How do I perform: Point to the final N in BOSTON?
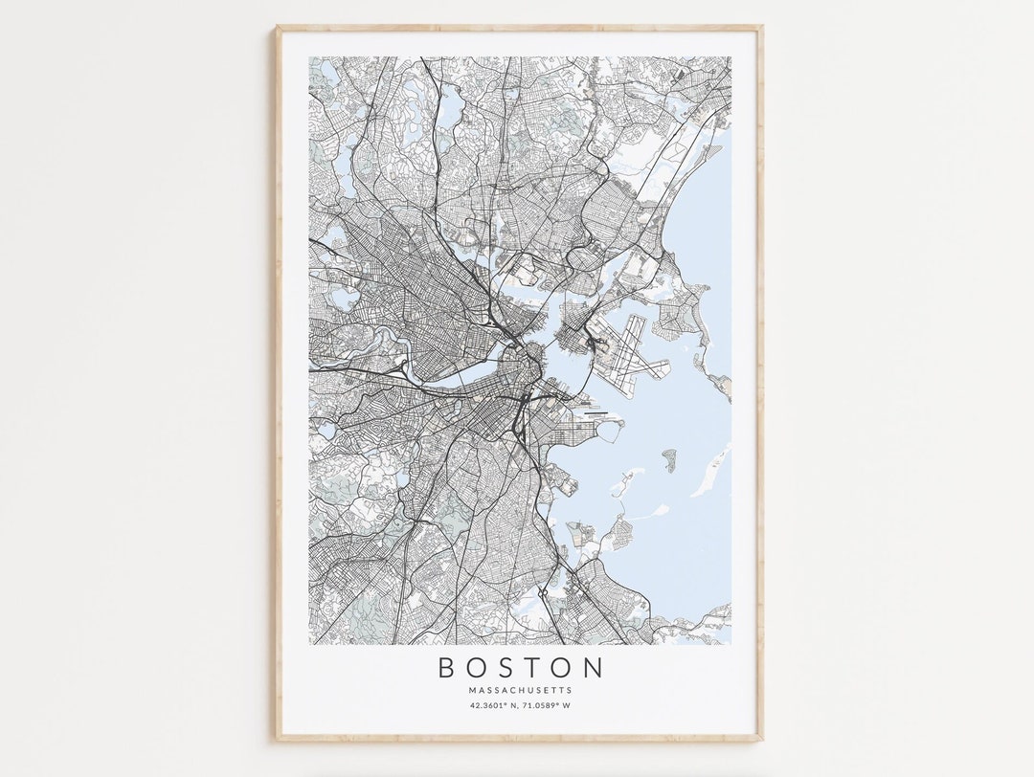[x=595, y=667]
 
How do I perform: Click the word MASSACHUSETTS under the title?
[x=521, y=690]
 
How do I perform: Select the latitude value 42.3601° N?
[x=494, y=706]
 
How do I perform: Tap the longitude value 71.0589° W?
[x=550, y=706]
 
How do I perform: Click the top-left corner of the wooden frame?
[x=277, y=28]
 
